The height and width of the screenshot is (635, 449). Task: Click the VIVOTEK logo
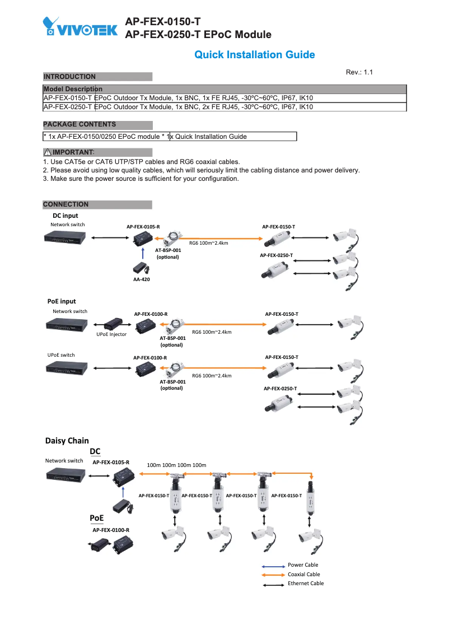[79, 27]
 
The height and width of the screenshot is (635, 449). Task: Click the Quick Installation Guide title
[254, 55]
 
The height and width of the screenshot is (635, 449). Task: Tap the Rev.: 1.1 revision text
[359, 73]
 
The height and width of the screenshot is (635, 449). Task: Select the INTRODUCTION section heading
[69, 77]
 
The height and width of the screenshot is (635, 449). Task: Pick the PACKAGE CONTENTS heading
[79, 124]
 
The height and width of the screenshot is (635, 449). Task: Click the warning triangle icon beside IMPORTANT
[48, 152]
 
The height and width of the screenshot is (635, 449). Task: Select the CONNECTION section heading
[66, 204]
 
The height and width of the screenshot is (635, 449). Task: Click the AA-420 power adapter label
[141, 279]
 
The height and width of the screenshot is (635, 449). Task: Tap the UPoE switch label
[61, 355]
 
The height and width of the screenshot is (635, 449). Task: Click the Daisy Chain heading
[67, 441]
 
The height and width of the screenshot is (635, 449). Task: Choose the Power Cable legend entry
[303, 565]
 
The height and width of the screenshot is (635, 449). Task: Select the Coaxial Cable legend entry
[304, 575]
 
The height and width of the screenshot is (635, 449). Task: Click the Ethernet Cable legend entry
[306, 583]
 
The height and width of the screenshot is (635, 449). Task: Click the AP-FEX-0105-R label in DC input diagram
[143, 227]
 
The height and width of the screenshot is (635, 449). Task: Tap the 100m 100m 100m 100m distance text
[176, 465]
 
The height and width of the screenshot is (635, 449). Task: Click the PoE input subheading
[62, 301]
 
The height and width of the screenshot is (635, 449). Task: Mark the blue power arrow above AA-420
[144, 254]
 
